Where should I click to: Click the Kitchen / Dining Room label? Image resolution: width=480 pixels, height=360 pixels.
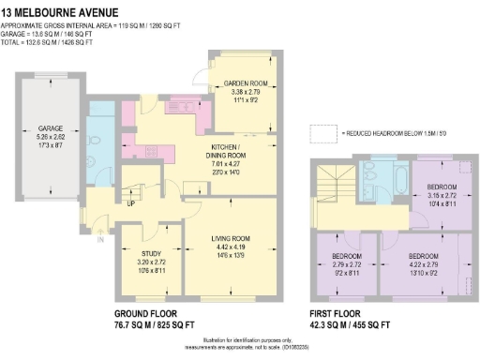(225, 151)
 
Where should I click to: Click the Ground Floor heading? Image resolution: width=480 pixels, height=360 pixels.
(153, 312)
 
